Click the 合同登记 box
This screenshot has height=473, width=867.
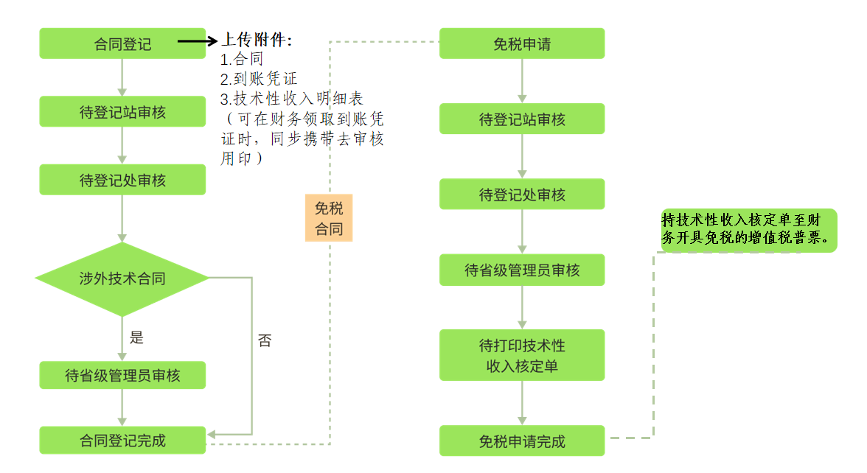pyautogui.click(x=122, y=43)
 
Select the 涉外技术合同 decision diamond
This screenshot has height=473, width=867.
pyautogui.click(x=122, y=278)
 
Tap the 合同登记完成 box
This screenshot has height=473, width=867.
pyautogui.click(x=122, y=441)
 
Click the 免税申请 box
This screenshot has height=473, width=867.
pyautogui.click(x=522, y=43)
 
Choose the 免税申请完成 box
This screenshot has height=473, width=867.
pyautogui.click(x=522, y=441)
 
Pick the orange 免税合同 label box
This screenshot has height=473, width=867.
pyautogui.click(x=329, y=218)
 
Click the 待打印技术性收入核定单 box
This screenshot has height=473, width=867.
pyautogui.click(x=522, y=355)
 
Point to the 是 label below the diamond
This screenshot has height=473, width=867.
pyautogui.click(x=136, y=338)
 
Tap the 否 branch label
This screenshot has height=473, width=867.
pyautogui.click(x=265, y=340)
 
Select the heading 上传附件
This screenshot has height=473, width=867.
pyautogui.click(x=257, y=41)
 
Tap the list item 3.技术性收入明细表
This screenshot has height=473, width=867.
pyautogui.click(x=292, y=99)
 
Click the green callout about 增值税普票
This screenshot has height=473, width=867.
pyautogui.click(x=748, y=230)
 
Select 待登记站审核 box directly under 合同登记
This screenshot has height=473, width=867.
pyautogui.click(x=122, y=112)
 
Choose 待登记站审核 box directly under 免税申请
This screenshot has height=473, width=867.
pyautogui.click(x=522, y=119)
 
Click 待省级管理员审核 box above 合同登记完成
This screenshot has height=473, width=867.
pyautogui.click(x=122, y=376)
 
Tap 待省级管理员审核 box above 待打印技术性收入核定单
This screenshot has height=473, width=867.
pyautogui.click(x=522, y=270)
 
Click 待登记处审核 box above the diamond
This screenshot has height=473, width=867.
pyautogui.click(x=122, y=180)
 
